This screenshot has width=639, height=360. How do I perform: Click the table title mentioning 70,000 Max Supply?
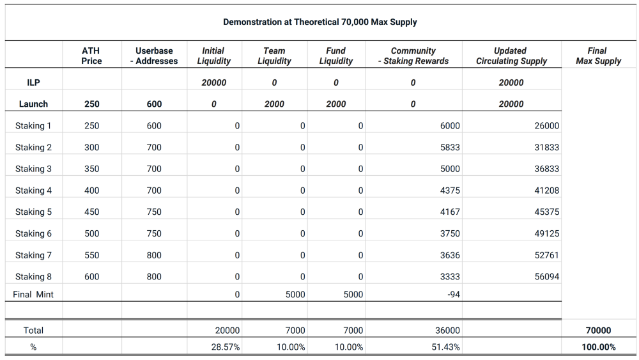(319, 22)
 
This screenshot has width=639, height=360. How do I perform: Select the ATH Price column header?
(91, 56)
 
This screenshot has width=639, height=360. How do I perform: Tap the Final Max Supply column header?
(598, 56)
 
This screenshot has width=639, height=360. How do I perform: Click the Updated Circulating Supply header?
(511, 56)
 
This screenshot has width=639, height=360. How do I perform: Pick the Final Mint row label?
(33, 295)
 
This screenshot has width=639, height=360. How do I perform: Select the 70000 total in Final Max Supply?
(598, 331)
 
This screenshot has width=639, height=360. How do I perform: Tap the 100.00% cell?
(598, 347)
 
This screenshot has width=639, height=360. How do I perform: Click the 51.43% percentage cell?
(446, 347)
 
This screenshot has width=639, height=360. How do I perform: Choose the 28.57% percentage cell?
(226, 347)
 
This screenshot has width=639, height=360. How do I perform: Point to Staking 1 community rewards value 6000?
(449, 126)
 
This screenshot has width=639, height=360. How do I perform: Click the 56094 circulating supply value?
(546, 277)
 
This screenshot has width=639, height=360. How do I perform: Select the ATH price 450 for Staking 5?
(91, 212)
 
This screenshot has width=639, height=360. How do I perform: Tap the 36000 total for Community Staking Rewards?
(447, 331)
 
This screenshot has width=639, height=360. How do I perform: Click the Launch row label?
(33, 104)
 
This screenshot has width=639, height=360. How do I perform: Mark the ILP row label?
(33, 82)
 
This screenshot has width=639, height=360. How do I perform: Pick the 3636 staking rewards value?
(449, 255)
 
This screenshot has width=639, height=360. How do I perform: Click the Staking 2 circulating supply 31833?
(546, 148)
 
